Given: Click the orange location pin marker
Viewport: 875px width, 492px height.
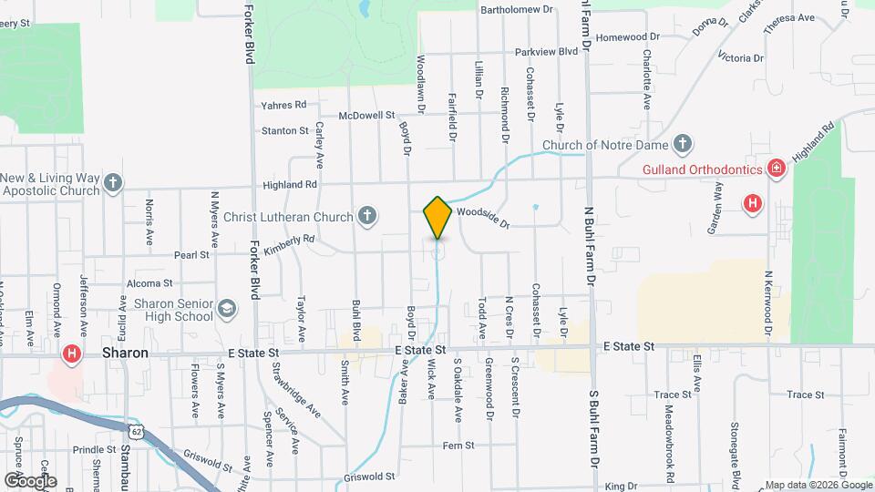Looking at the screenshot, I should pyautogui.click(x=437, y=218).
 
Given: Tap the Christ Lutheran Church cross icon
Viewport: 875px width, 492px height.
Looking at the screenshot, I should pyautogui.click(x=366, y=216).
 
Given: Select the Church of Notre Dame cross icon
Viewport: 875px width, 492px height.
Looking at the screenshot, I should pyautogui.click(x=683, y=144).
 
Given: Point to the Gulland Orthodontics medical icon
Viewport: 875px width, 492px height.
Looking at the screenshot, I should pyautogui.click(x=776, y=169).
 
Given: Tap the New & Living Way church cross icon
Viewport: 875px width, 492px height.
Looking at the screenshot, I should pyautogui.click(x=113, y=183).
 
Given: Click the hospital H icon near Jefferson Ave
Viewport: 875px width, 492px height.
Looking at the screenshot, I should pyautogui.click(x=71, y=353).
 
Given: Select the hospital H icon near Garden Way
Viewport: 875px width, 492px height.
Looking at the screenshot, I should pyautogui.click(x=753, y=202).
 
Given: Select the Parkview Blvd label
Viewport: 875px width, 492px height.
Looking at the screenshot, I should pyautogui.click(x=546, y=52).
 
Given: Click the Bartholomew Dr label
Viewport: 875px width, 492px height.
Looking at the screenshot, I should pyautogui.click(x=517, y=9).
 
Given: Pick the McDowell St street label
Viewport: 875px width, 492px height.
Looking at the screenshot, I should pyautogui.click(x=365, y=116).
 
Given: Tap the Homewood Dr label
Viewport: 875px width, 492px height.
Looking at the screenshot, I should pyautogui.click(x=628, y=36).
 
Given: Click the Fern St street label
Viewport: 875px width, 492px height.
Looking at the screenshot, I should pyautogui.click(x=458, y=446).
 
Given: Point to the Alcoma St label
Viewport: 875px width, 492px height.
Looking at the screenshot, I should pyautogui.click(x=149, y=284).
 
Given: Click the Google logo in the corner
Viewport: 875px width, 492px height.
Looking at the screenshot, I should pyautogui.click(x=30, y=480).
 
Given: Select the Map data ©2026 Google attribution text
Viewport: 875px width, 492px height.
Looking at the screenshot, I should pyautogui.click(x=818, y=485).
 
